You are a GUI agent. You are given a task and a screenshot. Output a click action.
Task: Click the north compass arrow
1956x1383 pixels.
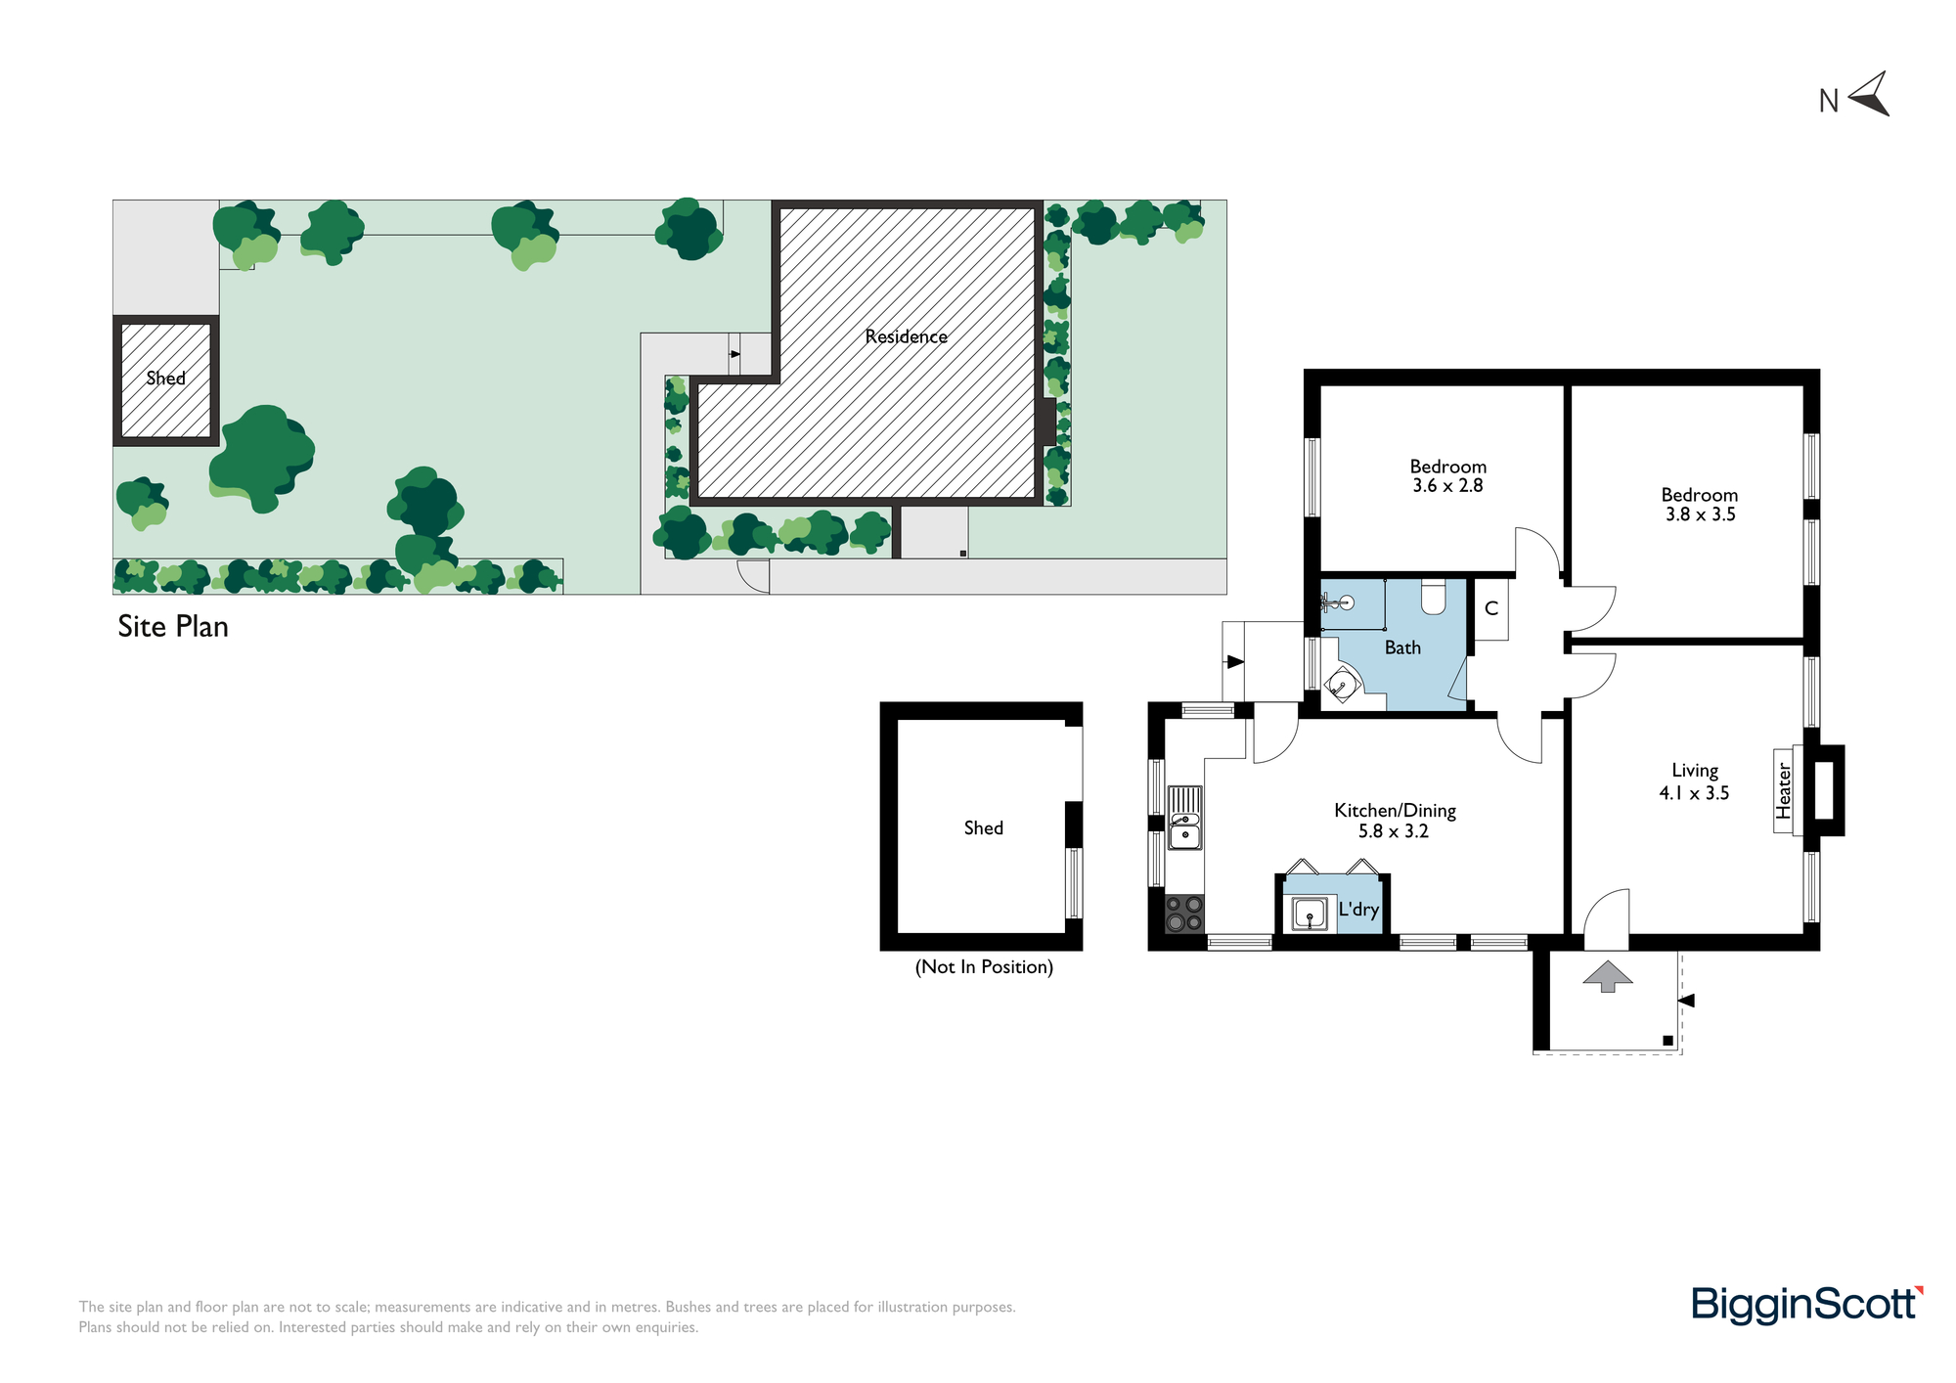pyautogui.click(x=1870, y=96)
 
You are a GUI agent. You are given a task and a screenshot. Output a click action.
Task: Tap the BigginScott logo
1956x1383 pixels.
pyautogui.click(x=1807, y=1306)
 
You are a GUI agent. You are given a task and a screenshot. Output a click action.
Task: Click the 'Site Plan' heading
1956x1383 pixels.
pyautogui.click(x=173, y=627)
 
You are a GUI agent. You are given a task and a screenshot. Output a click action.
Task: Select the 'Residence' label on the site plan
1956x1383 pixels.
pyautogui.click(x=907, y=336)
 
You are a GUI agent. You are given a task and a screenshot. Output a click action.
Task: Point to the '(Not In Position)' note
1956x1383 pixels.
pyautogui.click(x=984, y=967)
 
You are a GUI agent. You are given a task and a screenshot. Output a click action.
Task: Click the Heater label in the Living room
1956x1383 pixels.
pyautogui.click(x=1784, y=791)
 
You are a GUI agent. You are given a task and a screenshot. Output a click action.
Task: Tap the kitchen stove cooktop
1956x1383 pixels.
pyautogui.click(x=1184, y=914)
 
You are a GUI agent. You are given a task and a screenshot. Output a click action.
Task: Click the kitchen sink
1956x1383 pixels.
pyautogui.click(x=1185, y=819)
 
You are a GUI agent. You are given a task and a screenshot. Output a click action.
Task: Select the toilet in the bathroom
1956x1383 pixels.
pyautogui.click(x=1434, y=596)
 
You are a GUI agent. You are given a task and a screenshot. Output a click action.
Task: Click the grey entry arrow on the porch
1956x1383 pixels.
pyautogui.click(x=1608, y=976)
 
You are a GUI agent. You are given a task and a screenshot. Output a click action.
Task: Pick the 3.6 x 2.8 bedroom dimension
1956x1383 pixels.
pyautogui.click(x=1447, y=486)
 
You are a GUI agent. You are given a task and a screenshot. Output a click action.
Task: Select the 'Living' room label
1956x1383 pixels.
pyautogui.click(x=1695, y=771)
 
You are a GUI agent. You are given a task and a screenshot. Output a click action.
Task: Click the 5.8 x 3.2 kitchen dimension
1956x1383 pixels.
pyautogui.click(x=1394, y=831)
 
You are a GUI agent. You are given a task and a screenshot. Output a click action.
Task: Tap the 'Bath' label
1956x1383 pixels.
pyautogui.click(x=1402, y=647)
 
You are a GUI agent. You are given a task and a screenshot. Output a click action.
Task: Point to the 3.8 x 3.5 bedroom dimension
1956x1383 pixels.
pyautogui.click(x=1701, y=514)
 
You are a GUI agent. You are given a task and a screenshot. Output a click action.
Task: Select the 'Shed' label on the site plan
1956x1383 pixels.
pyautogui.click(x=165, y=379)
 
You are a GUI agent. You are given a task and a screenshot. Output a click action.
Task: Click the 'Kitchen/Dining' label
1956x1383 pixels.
pyautogui.click(x=1396, y=811)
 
